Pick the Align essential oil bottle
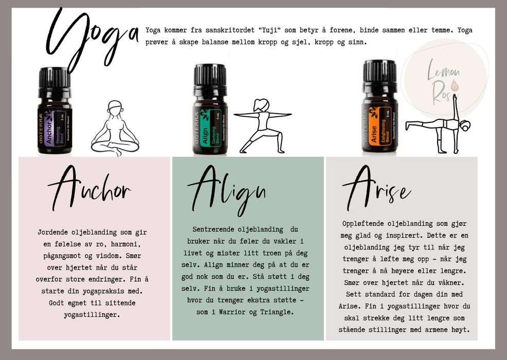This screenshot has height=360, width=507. (210, 110)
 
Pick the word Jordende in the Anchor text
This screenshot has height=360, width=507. (55, 232)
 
